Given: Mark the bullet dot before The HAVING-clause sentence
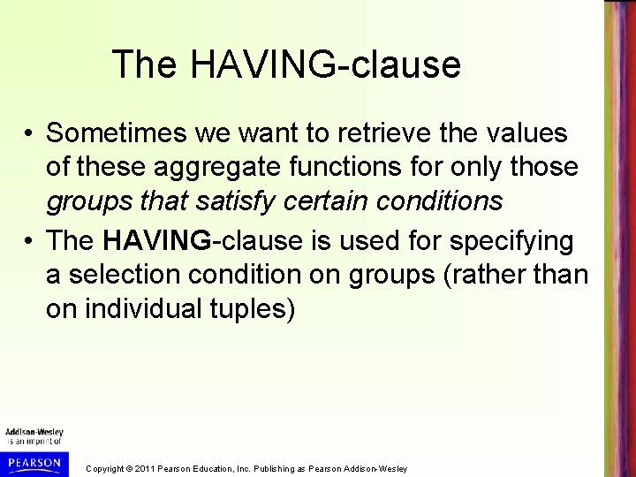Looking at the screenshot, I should [x=30, y=242].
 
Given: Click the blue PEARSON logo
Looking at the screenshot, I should [x=34, y=461].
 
